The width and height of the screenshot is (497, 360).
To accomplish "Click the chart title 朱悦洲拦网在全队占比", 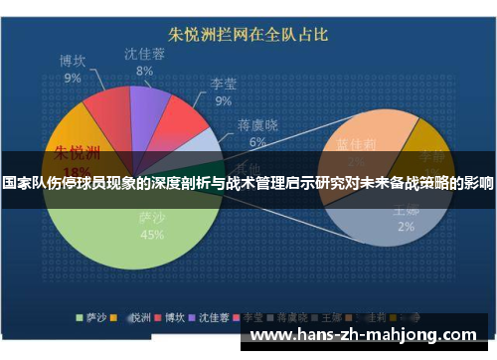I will coord(248,35).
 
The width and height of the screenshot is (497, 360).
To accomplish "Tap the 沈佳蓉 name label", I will coord(145,54).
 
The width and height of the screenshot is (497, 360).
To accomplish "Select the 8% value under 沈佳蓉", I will coord(145,71).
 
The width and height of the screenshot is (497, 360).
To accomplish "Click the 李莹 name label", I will coord(222,85).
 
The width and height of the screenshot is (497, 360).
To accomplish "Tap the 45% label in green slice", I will coord(152,235).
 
